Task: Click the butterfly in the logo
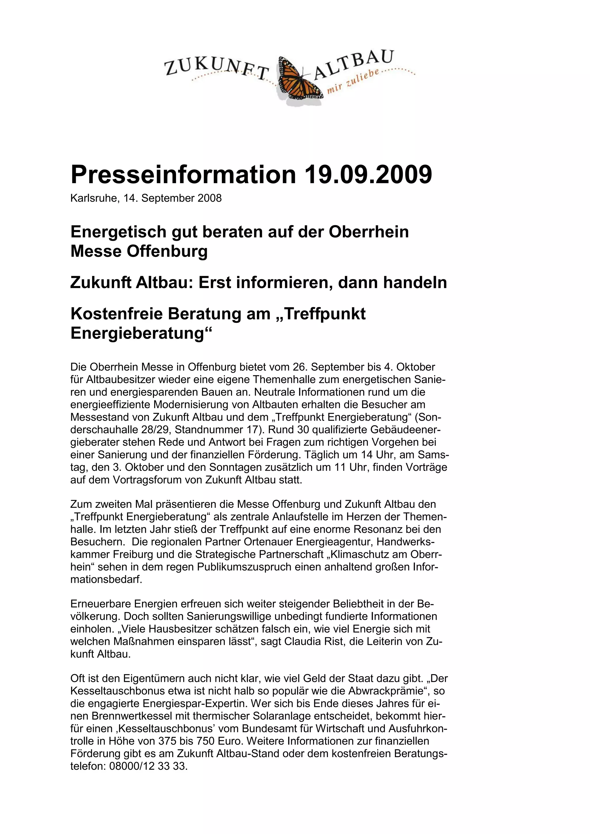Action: (x=299, y=78)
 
